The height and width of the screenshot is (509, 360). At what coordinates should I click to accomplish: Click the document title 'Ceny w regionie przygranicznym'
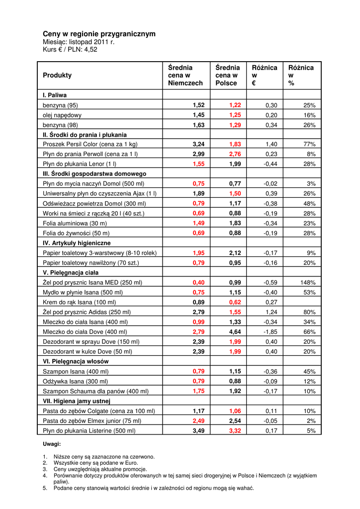[99, 34]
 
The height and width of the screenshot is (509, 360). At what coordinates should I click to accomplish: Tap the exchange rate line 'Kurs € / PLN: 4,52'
[70, 50]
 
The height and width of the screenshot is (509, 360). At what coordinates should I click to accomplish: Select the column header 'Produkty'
[57, 75]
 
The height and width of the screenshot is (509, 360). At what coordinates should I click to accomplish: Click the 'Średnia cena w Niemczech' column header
[185, 75]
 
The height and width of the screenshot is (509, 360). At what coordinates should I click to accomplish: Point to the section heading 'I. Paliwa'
[55, 95]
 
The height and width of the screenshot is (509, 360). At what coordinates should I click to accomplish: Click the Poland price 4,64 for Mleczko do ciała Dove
[235, 332]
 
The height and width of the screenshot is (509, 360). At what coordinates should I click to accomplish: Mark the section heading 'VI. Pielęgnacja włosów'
[76, 361]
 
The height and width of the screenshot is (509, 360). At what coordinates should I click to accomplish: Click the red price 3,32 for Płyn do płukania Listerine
[235, 430]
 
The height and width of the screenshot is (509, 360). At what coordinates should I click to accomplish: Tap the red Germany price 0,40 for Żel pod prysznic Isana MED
[198, 282]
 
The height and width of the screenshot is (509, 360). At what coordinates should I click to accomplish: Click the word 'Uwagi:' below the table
[52, 444]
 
